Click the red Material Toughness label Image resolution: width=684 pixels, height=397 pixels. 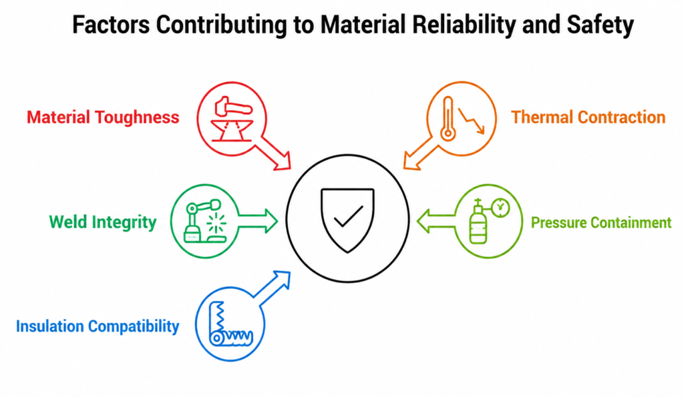103,117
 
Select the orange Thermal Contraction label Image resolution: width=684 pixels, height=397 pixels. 588,117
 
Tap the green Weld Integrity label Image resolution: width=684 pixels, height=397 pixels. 102,222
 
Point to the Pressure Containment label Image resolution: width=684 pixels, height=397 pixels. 601,223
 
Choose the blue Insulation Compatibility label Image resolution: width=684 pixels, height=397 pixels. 98,326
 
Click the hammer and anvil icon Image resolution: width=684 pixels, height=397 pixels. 232,119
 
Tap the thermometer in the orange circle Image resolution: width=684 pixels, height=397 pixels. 448,118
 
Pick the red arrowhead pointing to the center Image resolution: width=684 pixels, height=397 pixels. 283,161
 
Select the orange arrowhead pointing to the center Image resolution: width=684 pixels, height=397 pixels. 411,161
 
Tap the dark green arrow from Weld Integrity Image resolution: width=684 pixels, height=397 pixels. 258,220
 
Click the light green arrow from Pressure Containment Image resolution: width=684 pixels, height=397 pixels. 436,220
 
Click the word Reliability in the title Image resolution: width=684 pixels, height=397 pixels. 464,25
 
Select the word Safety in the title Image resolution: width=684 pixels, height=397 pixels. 601,25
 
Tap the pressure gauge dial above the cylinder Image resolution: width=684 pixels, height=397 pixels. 500,208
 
